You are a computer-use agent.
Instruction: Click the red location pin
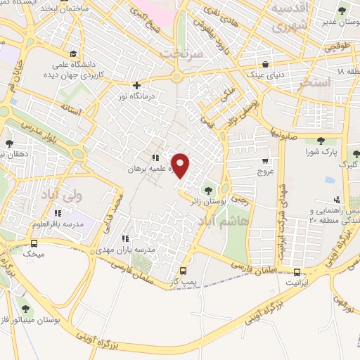click(x=181, y=166)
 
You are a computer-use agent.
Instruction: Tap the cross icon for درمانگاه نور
click(x=136, y=85)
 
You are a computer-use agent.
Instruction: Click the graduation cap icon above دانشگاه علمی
click(x=73, y=53)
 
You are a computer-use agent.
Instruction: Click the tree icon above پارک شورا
click(x=321, y=141)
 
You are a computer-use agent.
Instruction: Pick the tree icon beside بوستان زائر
click(x=208, y=189)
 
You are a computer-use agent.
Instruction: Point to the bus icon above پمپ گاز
click(x=184, y=271)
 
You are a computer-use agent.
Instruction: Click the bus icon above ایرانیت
click(x=297, y=273)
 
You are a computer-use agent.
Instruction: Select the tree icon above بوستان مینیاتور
click(x=25, y=309)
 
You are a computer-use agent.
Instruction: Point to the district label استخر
click(x=316, y=82)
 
